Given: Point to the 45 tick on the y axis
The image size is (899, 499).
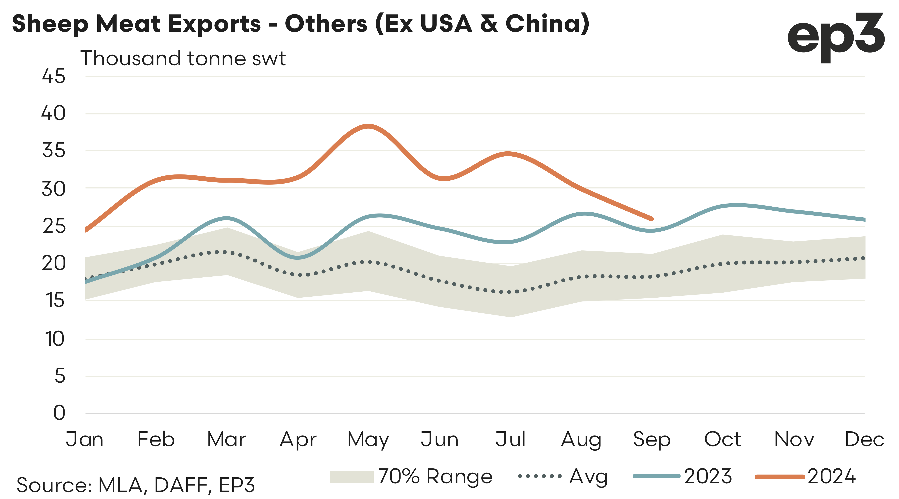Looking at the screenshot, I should click(53, 76).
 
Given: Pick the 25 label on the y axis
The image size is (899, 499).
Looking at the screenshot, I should click(54, 226).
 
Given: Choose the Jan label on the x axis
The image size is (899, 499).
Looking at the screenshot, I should click(84, 439).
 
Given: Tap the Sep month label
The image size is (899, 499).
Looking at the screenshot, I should click(652, 439).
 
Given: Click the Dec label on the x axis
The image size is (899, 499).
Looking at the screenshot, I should click(864, 439).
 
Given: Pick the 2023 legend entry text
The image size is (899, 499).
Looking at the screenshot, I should click(708, 476).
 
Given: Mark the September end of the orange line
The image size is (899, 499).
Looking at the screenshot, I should click(651, 219).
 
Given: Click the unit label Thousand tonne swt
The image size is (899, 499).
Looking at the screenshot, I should click(183, 58).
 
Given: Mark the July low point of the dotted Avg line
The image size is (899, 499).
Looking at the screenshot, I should click(510, 292).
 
